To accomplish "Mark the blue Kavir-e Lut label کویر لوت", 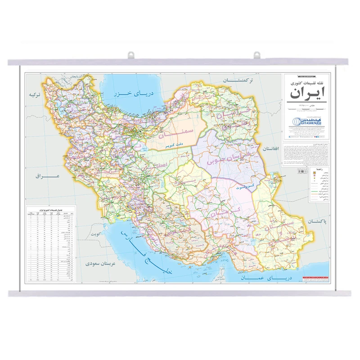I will click(245, 185).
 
